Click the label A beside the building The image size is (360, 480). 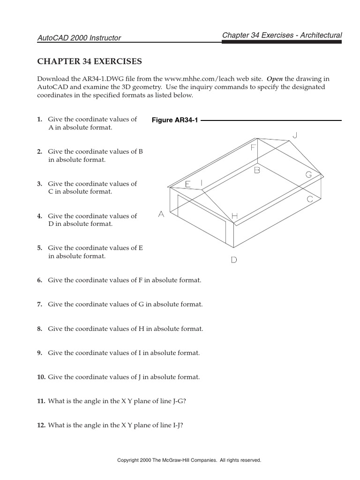(x=161, y=214)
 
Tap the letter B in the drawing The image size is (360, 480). (x=257, y=171)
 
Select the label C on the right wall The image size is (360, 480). (x=310, y=199)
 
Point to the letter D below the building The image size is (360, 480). (x=234, y=260)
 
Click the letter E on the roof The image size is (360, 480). (x=187, y=184)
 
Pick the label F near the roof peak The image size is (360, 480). (x=253, y=148)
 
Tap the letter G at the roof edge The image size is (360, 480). (x=309, y=175)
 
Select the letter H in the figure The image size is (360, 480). (x=234, y=216)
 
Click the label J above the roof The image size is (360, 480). (x=295, y=135)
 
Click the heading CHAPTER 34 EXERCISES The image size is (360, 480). (x=89, y=61)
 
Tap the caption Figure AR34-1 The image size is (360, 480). (x=175, y=120)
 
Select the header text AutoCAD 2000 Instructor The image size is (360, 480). (x=79, y=38)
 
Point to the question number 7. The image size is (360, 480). (x=40, y=305)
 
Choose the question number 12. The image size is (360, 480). (x=41, y=426)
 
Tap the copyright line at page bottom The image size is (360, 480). (x=189, y=460)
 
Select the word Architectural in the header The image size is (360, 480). (x=321, y=35)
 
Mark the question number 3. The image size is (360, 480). (x=40, y=184)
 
